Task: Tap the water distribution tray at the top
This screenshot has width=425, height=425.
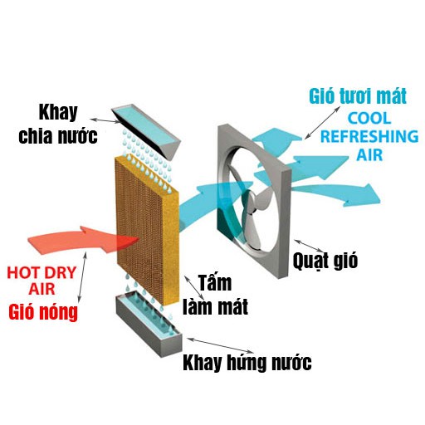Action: pos(146,131)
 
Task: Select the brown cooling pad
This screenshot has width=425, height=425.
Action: pos(148,231)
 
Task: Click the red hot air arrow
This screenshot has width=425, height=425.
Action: pos(83,240)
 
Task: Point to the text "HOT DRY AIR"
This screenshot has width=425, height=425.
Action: pos(42,281)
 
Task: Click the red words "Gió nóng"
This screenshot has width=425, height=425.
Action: pos(43,312)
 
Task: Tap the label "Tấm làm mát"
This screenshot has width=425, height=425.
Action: pos(215,295)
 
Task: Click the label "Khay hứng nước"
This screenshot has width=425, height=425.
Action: pos(247,362)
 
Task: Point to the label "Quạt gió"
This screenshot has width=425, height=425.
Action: pos(325,260)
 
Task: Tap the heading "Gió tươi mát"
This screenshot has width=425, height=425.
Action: pos(358,95)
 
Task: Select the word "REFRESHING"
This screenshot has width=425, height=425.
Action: pos(369,136)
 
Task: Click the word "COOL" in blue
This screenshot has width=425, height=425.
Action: pos(369,118)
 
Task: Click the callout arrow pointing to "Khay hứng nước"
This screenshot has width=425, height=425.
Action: pos(221,344)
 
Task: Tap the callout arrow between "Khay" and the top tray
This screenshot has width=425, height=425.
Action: pos(105,120)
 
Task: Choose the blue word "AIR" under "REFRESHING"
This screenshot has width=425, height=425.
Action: pos(369,154)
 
